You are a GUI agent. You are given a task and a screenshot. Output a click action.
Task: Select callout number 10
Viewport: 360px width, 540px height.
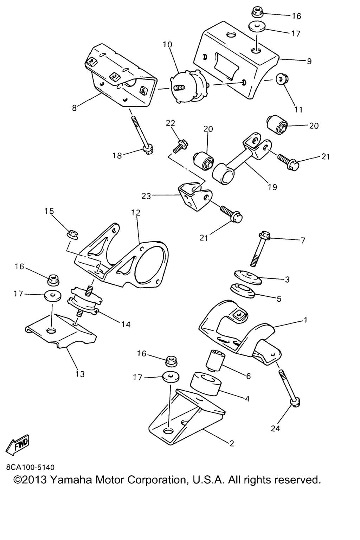point(168,45)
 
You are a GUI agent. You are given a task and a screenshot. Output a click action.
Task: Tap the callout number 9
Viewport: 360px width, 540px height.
point(309,62)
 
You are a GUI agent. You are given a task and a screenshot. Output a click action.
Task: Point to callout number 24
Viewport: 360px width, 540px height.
point(276,428)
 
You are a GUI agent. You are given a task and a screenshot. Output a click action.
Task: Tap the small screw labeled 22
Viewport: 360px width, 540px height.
point(180,146)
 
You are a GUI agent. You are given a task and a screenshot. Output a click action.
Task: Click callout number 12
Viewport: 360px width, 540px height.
point(136,213)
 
